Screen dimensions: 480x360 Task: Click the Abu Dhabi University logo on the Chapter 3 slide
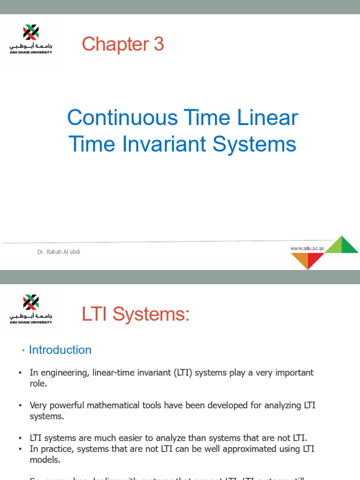31,39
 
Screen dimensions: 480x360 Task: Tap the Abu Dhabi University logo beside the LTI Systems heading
31,309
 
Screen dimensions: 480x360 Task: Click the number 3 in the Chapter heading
158,45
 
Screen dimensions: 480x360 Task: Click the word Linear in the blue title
268,118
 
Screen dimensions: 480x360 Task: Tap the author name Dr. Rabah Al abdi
59,252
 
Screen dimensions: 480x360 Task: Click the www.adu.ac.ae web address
307,248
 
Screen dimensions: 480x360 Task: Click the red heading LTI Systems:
135,314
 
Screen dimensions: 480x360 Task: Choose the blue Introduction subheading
60,350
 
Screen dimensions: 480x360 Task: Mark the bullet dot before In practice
21,449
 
